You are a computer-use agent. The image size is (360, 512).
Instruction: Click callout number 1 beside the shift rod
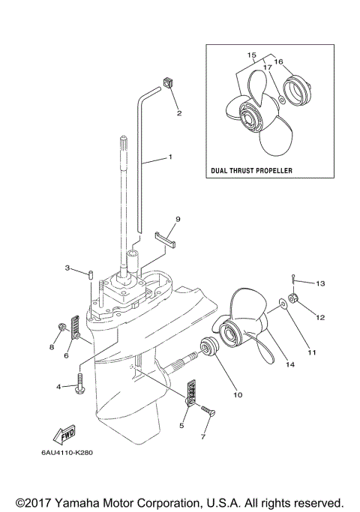tap(170, 157)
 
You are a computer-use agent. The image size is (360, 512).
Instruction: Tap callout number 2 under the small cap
tap(178, 114)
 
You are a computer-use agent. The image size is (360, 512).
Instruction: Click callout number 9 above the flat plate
tap(178, 219)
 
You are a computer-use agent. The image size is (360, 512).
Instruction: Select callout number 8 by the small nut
tap(52, 347)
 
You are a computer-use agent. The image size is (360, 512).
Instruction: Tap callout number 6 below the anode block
tap(66, 355)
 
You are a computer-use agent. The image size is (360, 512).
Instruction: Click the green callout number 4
tap(58, 387)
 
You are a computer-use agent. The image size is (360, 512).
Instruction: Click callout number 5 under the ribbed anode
tap(181, 426)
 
